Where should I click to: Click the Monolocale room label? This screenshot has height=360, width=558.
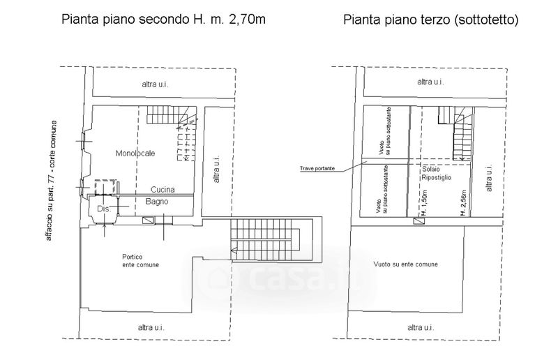135,153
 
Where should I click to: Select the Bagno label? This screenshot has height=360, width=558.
155,202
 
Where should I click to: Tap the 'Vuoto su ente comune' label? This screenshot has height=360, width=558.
405,265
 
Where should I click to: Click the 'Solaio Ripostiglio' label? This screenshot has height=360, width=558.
436,174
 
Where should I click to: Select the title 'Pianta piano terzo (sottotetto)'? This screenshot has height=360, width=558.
430,20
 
